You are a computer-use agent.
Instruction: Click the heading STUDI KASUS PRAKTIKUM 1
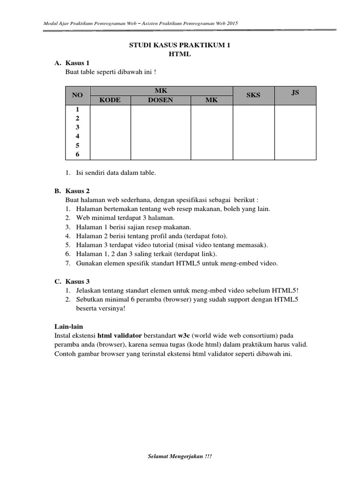coord(180,45)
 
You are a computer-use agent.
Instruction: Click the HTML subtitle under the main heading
coord(180,54)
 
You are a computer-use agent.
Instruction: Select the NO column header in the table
coord(77,95)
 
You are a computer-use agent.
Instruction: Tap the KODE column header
coord(110,100)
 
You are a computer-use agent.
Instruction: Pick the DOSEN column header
coord(160,100)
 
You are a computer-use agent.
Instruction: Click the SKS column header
coord(253,95)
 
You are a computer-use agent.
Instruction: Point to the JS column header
coord(295,92)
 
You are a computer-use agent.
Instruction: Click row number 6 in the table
coord(77,154)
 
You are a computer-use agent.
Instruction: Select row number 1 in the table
coord(77,109)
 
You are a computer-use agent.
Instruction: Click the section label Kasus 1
coord(77,63)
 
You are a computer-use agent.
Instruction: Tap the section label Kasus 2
coord(77,191)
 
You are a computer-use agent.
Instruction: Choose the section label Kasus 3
coord(77,281)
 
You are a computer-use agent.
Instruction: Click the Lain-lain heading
coord(68,326)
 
